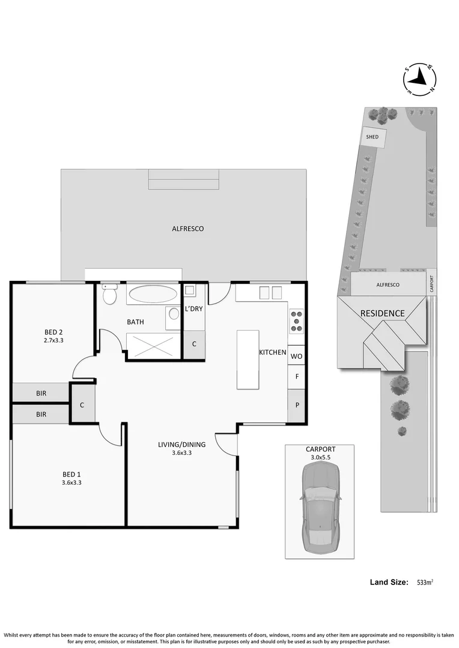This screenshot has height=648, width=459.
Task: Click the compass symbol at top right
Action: [419, 79]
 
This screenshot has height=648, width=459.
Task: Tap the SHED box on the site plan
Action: [372, 136]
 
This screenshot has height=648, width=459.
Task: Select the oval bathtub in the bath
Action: [153, 294]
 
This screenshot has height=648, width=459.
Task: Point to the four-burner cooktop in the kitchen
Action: [297, 320]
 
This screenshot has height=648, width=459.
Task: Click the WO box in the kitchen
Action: [296, 356]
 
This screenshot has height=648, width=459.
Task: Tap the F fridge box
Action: [296, 377]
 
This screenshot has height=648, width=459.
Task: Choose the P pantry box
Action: [296, 404]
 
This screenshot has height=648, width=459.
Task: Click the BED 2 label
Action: [54, 332]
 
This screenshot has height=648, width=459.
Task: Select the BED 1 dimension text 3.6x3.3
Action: [71, 482]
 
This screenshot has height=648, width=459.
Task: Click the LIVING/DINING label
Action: [181, 445]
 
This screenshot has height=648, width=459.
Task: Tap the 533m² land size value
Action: [425, 582]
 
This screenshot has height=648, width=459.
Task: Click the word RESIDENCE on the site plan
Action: [382, 313]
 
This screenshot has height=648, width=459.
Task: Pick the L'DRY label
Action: [193, 308]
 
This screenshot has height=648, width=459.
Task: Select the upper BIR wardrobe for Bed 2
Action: [41, 394]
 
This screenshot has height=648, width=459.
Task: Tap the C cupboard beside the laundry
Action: [194, 344]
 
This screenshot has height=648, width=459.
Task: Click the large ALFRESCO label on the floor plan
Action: [188, 229]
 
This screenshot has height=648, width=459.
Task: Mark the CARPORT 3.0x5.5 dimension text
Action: [320, 457]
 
